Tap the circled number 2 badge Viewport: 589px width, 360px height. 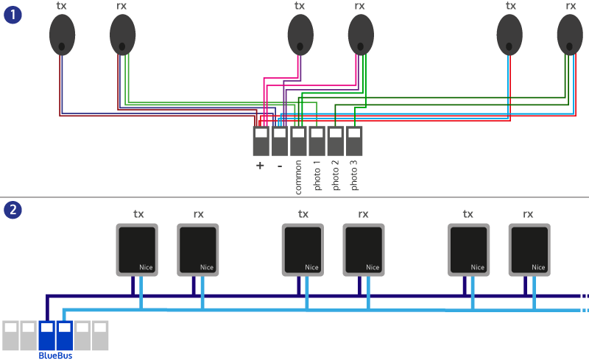point(13,210)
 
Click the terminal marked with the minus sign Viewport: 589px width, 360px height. point(280,141)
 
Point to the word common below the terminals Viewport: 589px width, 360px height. point(298,177)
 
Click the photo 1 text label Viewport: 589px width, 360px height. point(317,176)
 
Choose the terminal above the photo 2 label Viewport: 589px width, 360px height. point(336,141)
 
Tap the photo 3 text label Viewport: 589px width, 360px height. point(354,176)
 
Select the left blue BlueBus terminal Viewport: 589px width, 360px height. point(47,335)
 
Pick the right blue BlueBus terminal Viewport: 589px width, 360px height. point(65,335)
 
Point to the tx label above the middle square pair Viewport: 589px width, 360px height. point(303,214)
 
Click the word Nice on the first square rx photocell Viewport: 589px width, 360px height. point(207,267)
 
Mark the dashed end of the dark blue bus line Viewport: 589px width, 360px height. point(583,297)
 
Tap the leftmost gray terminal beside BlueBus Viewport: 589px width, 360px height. point(11,335)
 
